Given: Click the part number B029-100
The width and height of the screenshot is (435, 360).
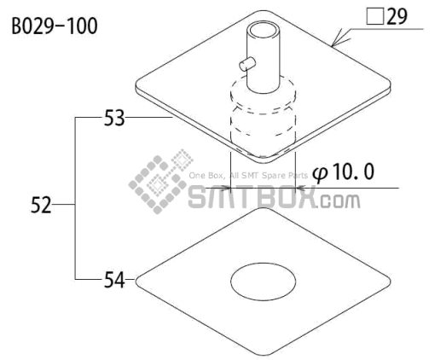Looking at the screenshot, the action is (x=55, y=26).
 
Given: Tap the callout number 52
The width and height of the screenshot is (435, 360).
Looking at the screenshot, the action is (x=41, y=205).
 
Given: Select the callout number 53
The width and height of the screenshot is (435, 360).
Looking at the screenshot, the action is (x=114, y=118).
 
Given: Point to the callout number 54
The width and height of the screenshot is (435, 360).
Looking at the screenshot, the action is (x=114, y=280).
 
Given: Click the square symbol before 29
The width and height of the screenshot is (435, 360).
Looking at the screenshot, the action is (x=375, y=17).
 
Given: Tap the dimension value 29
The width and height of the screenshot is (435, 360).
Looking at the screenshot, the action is (x=397, y=16).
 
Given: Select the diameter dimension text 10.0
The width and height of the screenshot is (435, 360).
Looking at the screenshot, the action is (x=353, y=171).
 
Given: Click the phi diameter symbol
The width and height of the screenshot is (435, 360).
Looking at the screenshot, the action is (x=320, y=174).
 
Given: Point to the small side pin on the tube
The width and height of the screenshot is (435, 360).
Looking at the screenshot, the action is (x=247, y=63).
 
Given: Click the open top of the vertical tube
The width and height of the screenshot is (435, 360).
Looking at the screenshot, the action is (x=264, y=31).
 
